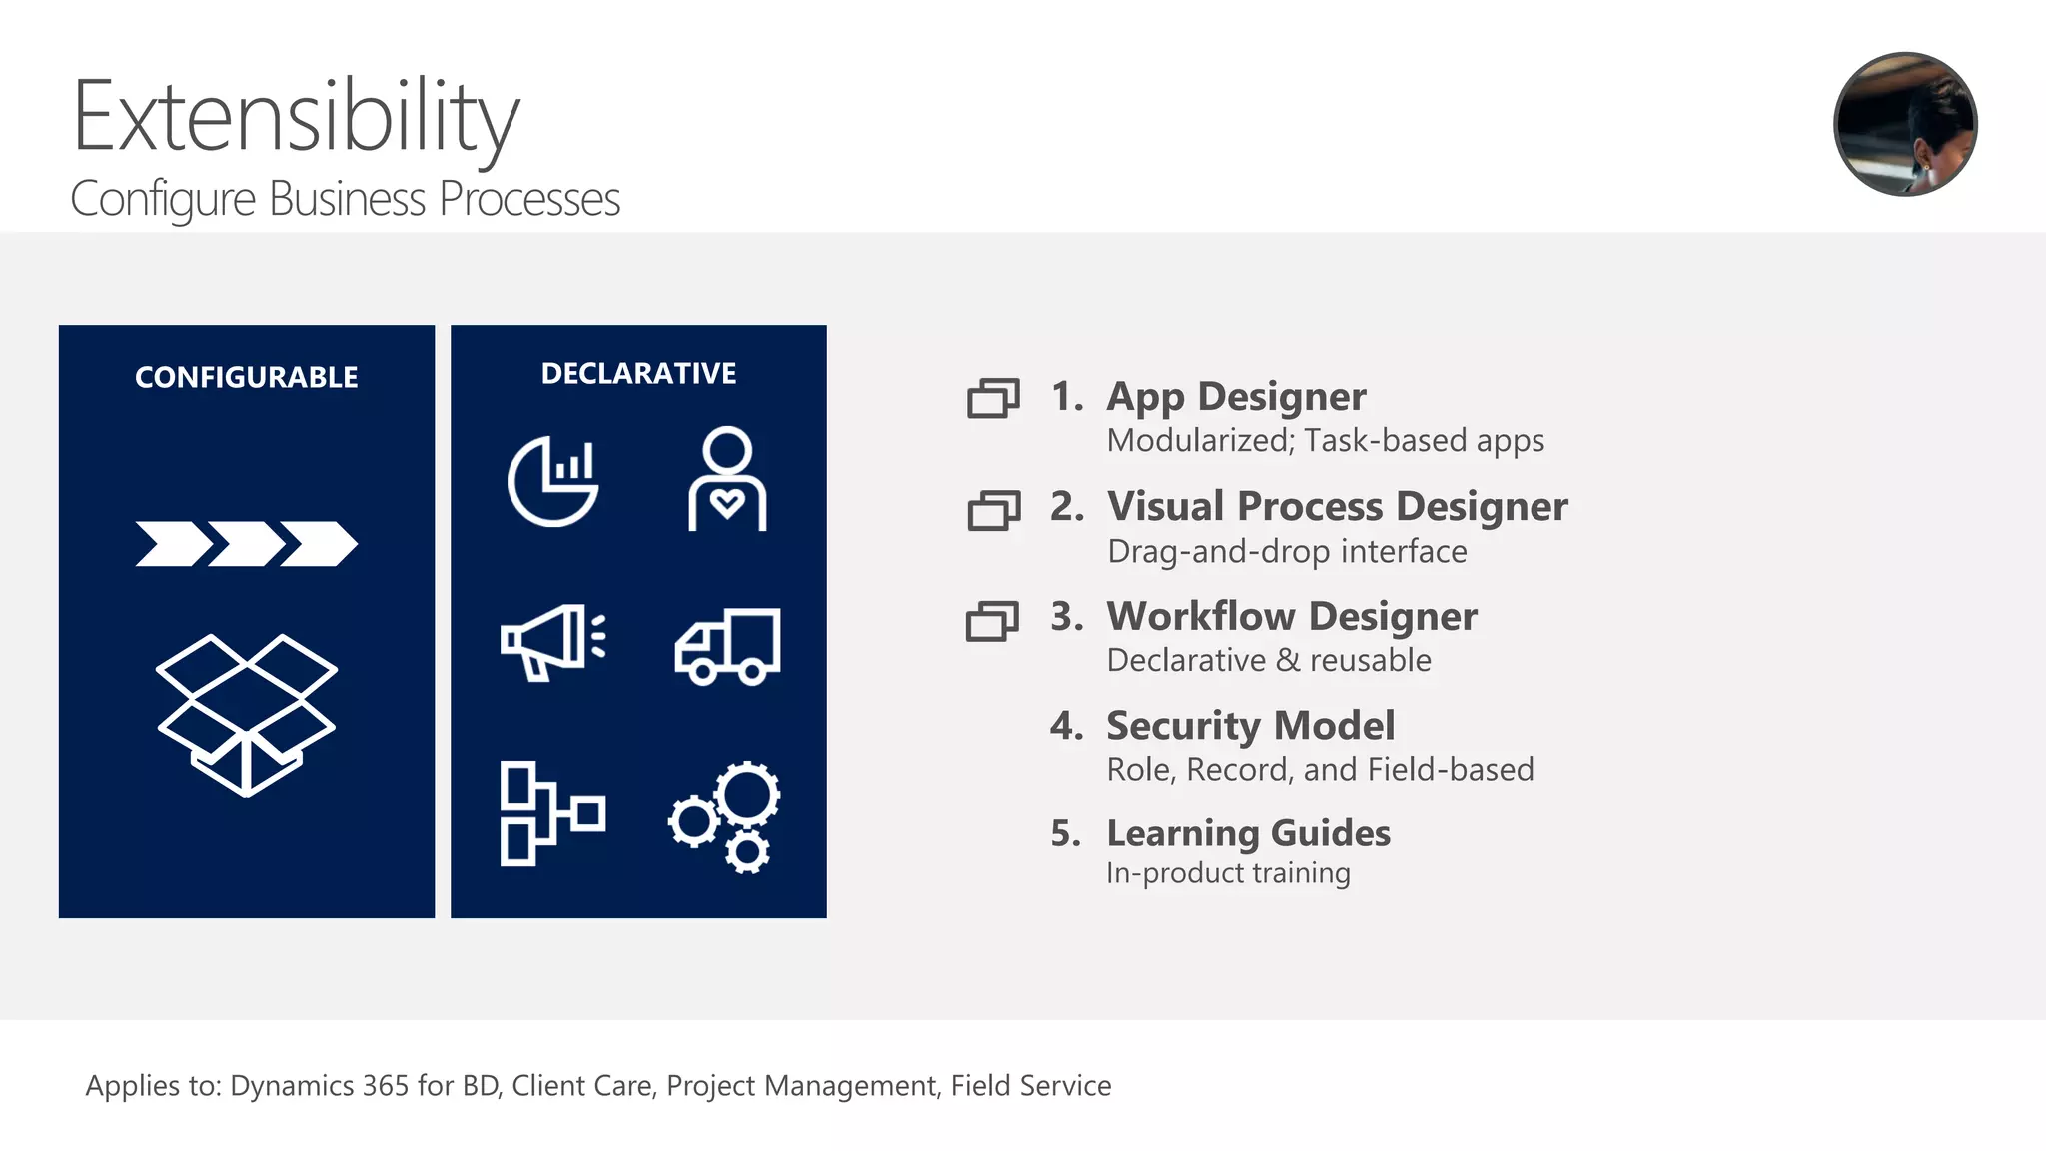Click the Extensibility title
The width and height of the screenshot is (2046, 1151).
(x=296, y=118)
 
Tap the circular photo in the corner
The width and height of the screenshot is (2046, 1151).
(x=1905, y=124)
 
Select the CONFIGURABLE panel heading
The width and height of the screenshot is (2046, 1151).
(x=246, y=377)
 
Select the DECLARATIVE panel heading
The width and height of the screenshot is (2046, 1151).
(x=638, y=373)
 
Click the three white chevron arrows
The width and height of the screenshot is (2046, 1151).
(x=246, y=543)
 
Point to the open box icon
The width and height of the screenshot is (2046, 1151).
(x=246, y=714)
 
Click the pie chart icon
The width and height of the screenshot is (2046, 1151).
(x=552, y=481)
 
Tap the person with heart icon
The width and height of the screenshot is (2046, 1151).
(x=727, y=479)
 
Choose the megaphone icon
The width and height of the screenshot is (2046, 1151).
(x=552, y=642)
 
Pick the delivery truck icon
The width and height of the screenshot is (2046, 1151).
(x=727, y=646)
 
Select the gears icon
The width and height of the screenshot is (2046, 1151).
(x=726, y=817)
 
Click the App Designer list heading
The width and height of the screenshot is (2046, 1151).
(x=1236, y=397)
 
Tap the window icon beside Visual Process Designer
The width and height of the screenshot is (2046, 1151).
(x=993, y=510)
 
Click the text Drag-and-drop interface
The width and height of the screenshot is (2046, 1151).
(x=1287, y=552)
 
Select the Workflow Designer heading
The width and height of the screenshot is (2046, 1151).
(x=1291, y=616)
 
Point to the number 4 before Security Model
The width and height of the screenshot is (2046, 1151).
(x=1065, y=725)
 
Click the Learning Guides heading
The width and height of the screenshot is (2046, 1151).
(x=1248, y=833)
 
